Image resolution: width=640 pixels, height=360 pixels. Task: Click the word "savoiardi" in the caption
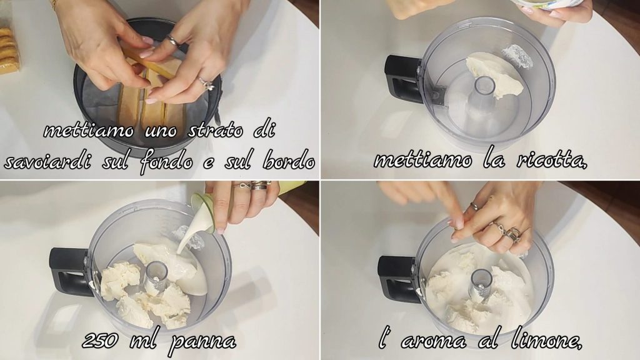tap(47, 162)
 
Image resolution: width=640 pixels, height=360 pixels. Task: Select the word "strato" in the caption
tap(216, 131)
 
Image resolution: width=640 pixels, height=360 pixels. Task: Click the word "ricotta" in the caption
tap(551, 161)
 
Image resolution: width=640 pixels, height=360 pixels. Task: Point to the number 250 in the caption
tap(101, 340)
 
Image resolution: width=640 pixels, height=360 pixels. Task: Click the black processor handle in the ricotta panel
tap(402, 77)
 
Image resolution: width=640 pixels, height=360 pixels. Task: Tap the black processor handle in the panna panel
tap(69, 271)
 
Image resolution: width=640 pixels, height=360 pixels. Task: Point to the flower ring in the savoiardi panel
tap(207, 84)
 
